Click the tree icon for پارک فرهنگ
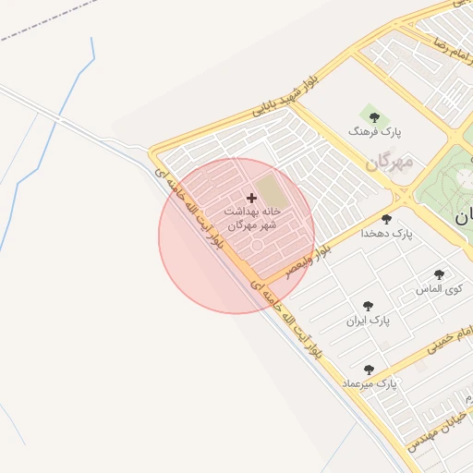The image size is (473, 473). tap(374, 116)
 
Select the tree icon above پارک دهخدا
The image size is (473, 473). tap(386, 219)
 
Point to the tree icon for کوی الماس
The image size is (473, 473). tap(439, 274)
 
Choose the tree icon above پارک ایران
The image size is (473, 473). tap(368, 306)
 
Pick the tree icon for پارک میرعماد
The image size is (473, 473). tap(369, 370)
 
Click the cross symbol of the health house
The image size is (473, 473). tap(251, 198)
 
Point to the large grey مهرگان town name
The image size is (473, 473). tap(386, 163)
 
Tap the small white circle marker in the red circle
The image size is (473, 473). tap(257, 246)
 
